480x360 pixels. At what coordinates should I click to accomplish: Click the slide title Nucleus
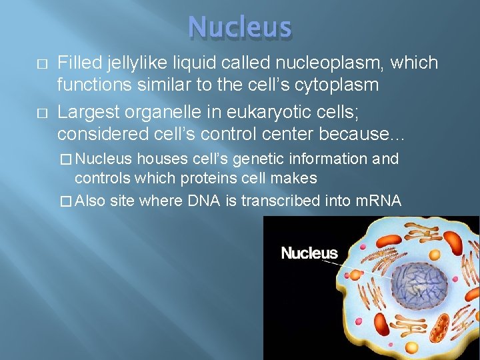tap(240, 27)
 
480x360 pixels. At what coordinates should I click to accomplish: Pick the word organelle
tap(164, 112)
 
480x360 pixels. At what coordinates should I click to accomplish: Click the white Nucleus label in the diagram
tap(309, 253)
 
